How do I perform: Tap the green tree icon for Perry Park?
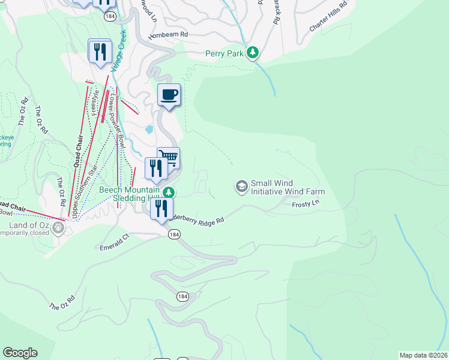[x=253, y=53]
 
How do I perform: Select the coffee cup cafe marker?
[x=169, y=95]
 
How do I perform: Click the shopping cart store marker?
[x=169, y=158]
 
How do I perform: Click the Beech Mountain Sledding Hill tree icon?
[x=170, y=192]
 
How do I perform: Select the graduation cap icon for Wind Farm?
[x=241, y=187]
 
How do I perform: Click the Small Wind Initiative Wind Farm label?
[x=288, y=188]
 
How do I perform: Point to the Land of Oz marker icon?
[x=58, y=227]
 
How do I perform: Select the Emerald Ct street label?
[x=114, y=242]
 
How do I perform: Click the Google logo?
[x=20, y=353]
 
